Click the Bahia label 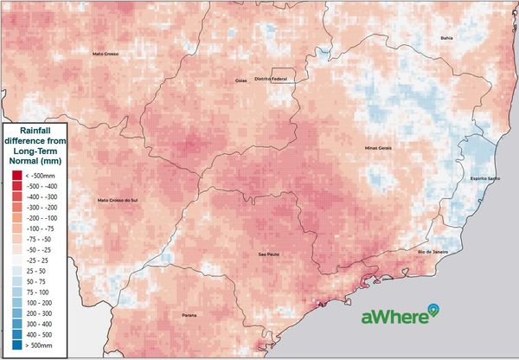point(446,38)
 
